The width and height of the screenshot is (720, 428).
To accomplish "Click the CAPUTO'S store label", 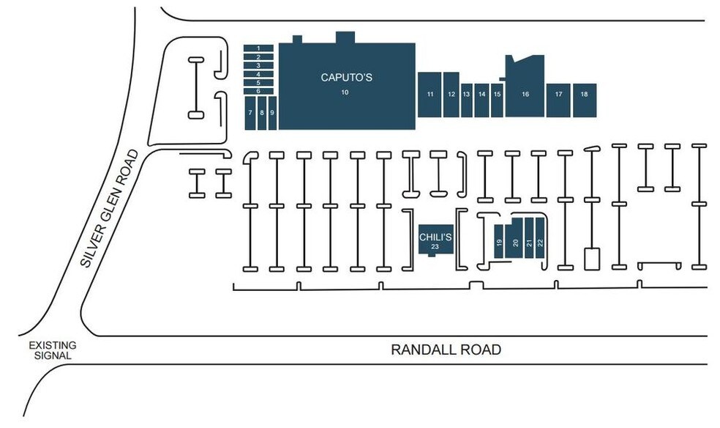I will (346, 77).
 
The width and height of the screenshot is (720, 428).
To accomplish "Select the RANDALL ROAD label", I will (446, 350).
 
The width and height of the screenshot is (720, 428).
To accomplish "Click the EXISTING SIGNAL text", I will (52, 350).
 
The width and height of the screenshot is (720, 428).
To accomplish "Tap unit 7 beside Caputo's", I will (250, 113).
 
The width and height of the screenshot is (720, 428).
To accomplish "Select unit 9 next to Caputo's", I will (272, 113).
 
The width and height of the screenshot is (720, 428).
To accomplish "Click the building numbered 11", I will (430, 95).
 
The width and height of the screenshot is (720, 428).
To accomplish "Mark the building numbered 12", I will (451, 95).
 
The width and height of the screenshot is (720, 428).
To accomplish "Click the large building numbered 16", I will (525, 95).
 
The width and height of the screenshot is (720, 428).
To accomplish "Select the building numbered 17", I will (558, 95).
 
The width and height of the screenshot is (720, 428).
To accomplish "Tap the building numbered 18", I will (584, 95).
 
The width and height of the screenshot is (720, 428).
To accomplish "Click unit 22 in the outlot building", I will (541, 242).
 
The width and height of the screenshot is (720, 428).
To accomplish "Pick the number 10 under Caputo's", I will (345, 92).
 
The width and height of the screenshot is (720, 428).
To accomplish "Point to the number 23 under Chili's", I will (434, 247).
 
